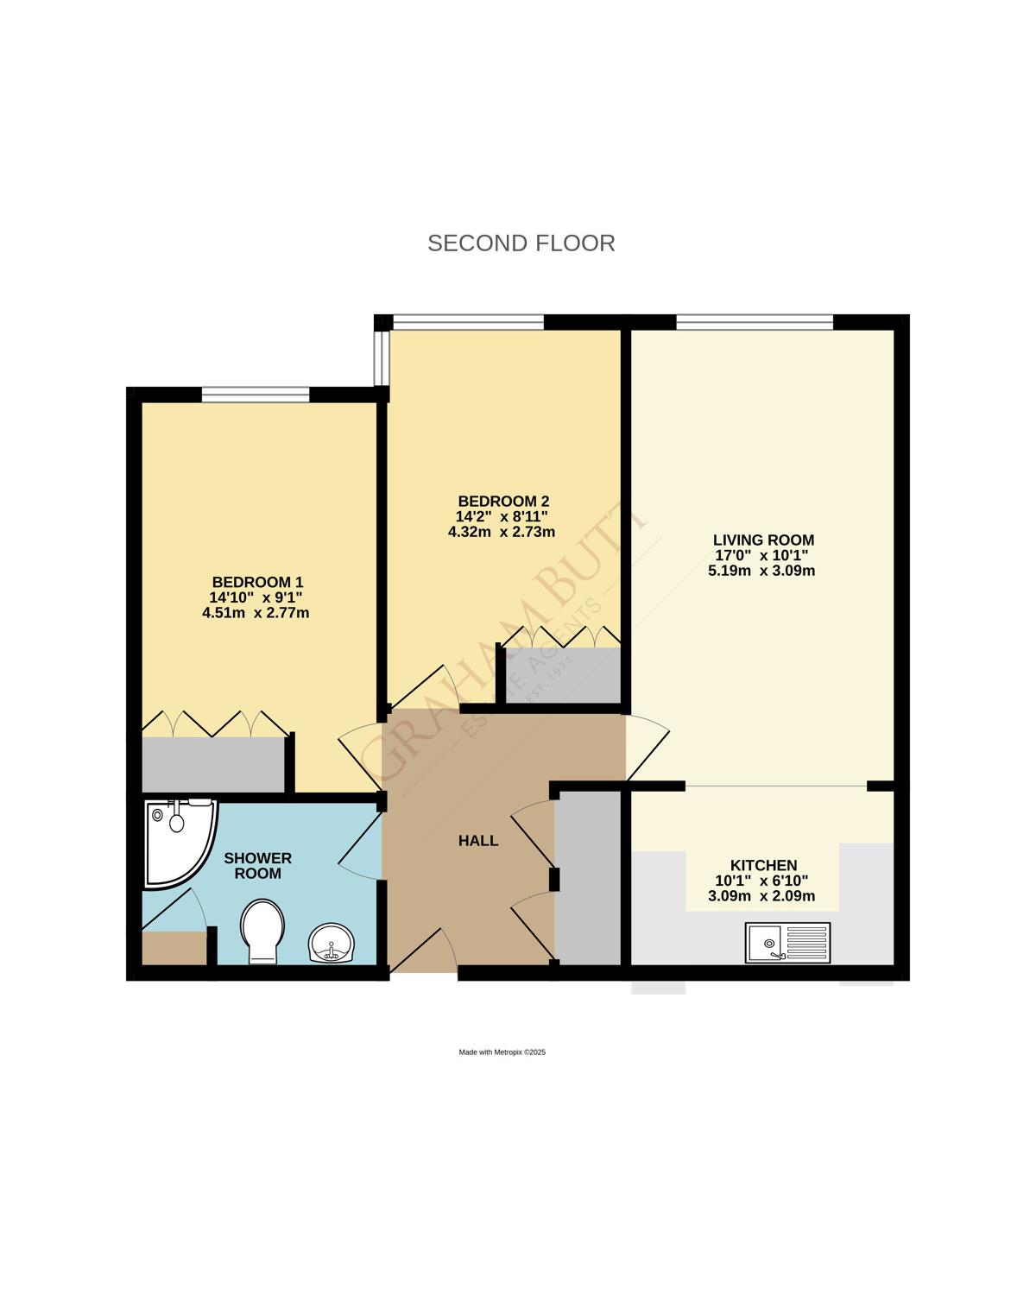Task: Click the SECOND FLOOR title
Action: tap(521, 243)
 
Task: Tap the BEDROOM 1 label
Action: tap(257, 583)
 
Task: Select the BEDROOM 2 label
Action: tap(502, 502)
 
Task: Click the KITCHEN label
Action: tap(763, 865)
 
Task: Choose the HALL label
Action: tap(478, 841)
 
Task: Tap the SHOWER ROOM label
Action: tap(257, 866)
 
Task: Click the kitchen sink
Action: tap(787, 943)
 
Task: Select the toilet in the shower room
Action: tap(262, 931)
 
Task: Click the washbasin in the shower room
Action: tap(331, 943)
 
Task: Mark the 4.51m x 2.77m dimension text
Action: tap(256, 613)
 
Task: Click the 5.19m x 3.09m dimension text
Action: tap(761, 571)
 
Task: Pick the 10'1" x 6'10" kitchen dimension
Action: tap(761, 881)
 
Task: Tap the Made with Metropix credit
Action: tap(502, 1052)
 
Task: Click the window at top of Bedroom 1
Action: tap(256, 395)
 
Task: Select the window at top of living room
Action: tap(754, 322)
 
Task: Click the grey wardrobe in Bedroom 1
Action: tap(213, 763)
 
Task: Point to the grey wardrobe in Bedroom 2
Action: tap(562, 675)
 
